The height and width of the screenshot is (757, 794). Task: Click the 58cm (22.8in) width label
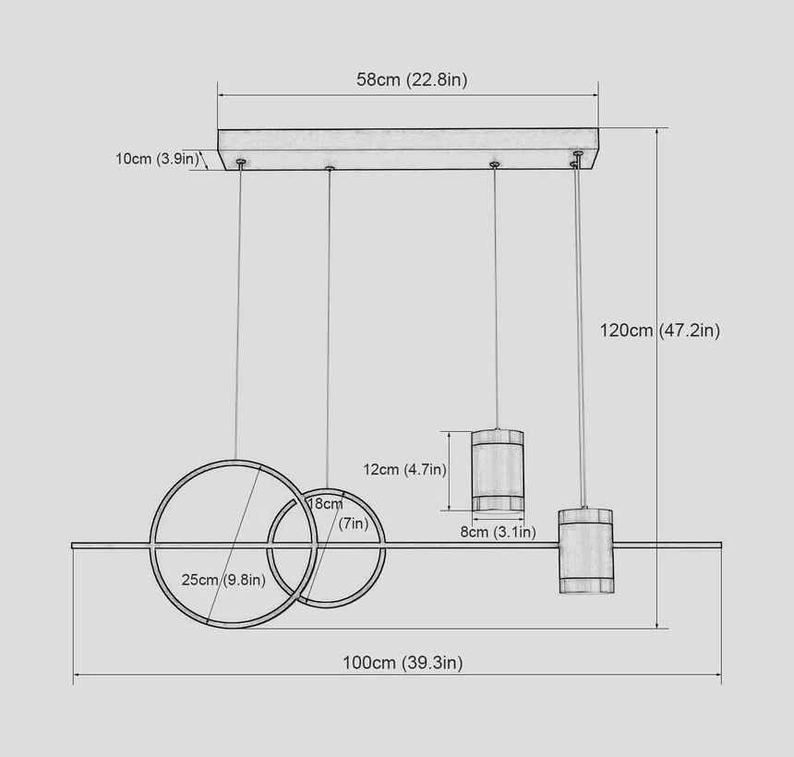coord(412,79)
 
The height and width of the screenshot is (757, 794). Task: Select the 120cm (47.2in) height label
coord(660,330)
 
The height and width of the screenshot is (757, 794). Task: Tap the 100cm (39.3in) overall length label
coord(403,663)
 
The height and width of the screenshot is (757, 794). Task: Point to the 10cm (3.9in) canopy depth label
coord(158,159)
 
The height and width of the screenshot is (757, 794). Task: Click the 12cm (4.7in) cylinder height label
coord(404,469)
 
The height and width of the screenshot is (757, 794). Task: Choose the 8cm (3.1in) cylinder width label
coord(498,532)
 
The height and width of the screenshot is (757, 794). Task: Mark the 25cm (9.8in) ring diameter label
coord(223,580)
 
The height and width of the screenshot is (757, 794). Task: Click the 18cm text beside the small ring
coord(325,504)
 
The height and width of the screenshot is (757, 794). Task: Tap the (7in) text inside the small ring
coord(354,523)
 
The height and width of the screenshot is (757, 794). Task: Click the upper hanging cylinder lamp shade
coord(498,471)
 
